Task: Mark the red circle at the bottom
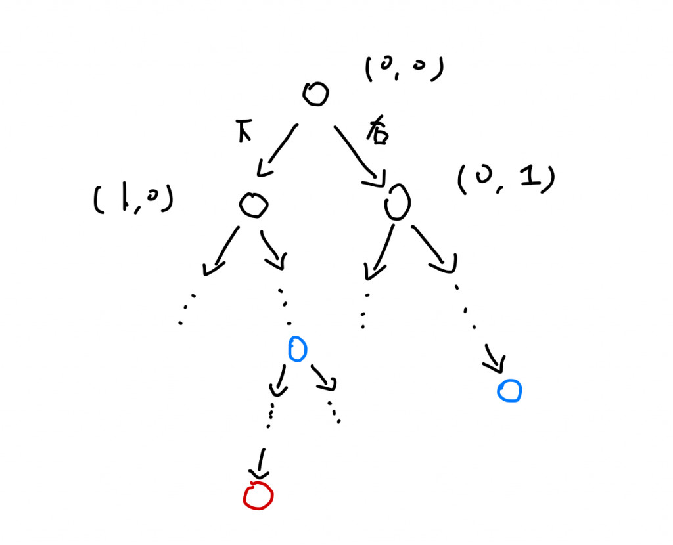(x=258, y=496)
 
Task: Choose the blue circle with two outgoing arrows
(x=297, y=349)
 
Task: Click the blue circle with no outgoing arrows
(x=509, y=391)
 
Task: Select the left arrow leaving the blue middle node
(x=280, y=381)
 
